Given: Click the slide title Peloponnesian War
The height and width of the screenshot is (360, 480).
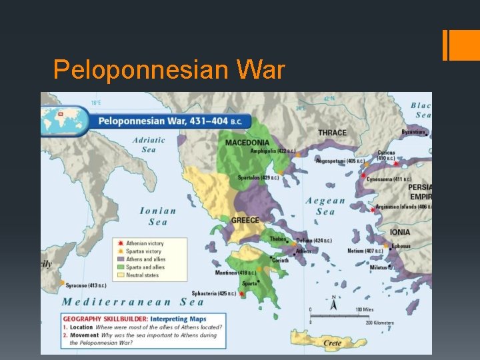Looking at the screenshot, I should click(x=169, y=70).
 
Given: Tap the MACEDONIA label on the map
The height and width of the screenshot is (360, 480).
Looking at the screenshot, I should click(x=247, y=143).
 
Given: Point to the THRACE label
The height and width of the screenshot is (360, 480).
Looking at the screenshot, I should click(x=332, y=133).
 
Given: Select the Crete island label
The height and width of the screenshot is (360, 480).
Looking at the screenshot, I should click(x=333, y=343).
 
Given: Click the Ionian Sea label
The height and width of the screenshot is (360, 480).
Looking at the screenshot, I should click(x=158, y=217).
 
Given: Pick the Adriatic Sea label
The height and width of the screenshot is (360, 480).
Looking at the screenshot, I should click(x=149, y=145).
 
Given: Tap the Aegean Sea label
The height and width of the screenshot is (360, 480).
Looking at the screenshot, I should click(x=325, y=206).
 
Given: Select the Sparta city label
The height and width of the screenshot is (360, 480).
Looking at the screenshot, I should click(x=249, y=283).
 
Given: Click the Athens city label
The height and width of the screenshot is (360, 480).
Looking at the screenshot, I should click(x=303, y=251).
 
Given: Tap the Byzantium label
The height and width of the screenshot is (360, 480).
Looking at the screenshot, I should click(x=413, y=132).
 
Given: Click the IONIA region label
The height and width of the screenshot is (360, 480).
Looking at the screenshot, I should click(x=400, y=232).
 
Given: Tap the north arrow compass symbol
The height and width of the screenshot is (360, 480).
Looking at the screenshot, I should click(x=334, y=303).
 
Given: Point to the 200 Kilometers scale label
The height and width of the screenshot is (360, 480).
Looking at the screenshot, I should click(x=378, y=323).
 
